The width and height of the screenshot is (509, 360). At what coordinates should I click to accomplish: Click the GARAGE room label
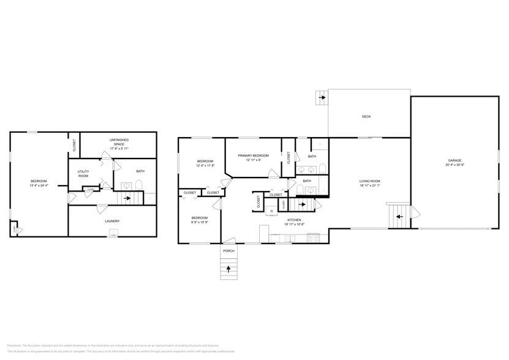click(x=454, y=160)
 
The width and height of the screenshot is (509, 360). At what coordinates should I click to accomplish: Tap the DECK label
click(x=366, y=116)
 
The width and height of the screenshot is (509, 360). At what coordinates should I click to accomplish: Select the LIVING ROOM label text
click(x=370, y=181)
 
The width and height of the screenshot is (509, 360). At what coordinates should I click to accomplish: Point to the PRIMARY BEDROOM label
click(x=254, y=156)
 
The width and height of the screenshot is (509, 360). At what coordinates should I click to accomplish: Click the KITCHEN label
click(x=294, y=220)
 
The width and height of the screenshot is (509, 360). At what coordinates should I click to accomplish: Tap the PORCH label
click(x=228, y=250)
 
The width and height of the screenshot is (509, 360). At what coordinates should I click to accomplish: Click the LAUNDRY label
click(x=112, y=221)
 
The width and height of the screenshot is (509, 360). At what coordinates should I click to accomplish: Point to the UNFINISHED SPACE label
click(x=119, y=140)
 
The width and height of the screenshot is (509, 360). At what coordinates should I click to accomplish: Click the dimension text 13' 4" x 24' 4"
click(x=39, y=185)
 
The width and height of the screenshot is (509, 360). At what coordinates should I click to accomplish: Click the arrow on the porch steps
click(x=229, y=268)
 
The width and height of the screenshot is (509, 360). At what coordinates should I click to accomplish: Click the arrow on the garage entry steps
click(x=398, y=216)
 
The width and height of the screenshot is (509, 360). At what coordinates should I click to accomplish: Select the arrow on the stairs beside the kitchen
click(x=301, y=204)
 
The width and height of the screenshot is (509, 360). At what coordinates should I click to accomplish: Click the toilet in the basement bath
click(x=139, y=186)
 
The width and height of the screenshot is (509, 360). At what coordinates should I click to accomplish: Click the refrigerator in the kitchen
click(x=264, y=232)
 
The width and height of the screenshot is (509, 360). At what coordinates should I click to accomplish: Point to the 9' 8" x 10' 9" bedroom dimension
click(x=199, y=222)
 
